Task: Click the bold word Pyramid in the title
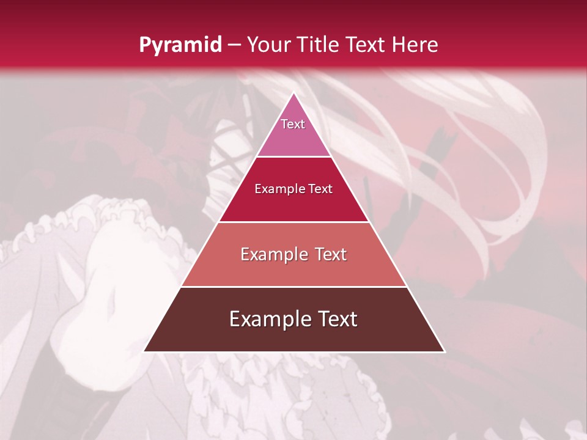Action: [x=180, y=45]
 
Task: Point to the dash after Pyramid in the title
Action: [x=234, y=46]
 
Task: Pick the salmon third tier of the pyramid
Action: [x=293, y=269]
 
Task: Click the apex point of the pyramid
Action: [x=294, y=94]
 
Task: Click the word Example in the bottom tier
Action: [x=268, y=319]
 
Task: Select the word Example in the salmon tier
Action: [x=272, y=254]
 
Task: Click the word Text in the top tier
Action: [x=293, y=124]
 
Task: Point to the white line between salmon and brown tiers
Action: [x=293, y=287]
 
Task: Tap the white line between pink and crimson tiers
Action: [x=293, y=157]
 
